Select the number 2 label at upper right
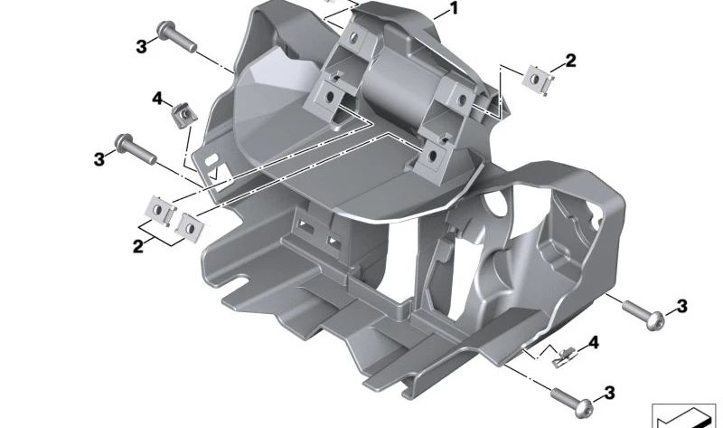570,62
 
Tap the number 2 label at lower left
138,245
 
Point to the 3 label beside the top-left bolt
140,46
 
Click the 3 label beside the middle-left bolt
99,158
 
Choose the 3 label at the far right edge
681,307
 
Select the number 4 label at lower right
593,343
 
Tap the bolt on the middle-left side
136,149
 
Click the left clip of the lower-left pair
162,211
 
